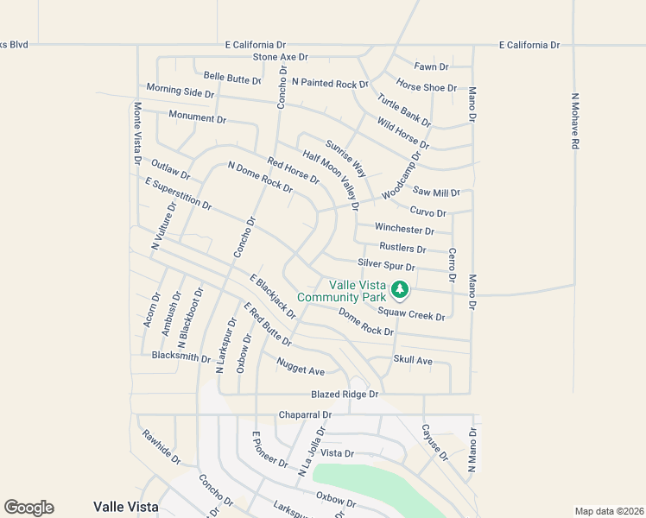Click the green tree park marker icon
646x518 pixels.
(x=399, y=288)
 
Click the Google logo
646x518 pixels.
(x=28, y=508)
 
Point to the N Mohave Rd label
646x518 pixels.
(x=574, y=123)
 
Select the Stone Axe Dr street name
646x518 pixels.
(x=281, y=57)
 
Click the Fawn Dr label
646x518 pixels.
(x=431, y=66)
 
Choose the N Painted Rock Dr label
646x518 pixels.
(x=330, y=83)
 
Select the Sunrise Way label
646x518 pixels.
(x=345, y=156)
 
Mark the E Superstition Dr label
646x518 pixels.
(x=179, y=194)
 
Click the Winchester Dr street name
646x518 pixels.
(x=404, y=230)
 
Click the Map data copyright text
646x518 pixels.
(x=608, y=510)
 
